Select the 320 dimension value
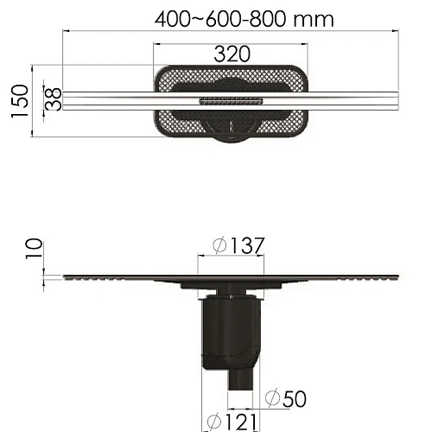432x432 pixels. pos(232,54)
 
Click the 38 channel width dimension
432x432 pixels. pos(54,98)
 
